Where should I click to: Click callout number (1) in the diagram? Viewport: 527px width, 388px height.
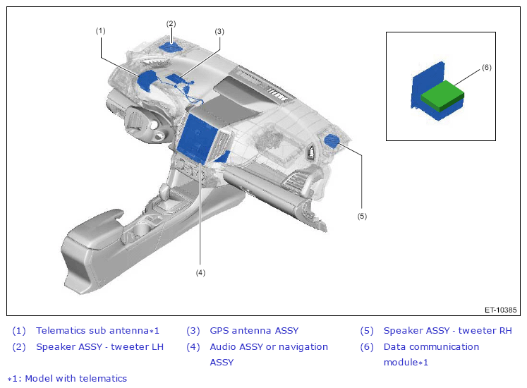coord(100,31)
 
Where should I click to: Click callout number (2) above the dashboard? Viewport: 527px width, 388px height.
coord(171,23)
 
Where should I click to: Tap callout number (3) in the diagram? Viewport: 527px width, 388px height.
coord(219,32)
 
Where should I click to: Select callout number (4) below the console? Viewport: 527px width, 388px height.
coord(200,273)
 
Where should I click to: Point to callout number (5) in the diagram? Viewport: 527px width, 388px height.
coord(362,216)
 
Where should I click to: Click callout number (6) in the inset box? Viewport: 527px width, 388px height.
coord(487,68)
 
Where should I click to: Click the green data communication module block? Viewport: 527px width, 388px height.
coord(442,95)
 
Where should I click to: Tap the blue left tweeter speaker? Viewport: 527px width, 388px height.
coord(171,47)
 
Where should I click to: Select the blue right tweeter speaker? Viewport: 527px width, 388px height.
coord(332,140)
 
